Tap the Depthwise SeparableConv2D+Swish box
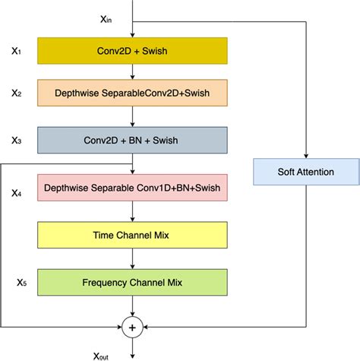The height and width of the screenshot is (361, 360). (x=133, y=94)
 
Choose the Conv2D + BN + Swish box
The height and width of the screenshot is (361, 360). (x=133, y=140)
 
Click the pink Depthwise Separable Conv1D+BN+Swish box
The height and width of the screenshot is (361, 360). (x=133, y=187)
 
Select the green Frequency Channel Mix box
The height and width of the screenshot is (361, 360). (x=133, y=283)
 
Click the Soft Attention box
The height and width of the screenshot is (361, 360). (x=305, y=172)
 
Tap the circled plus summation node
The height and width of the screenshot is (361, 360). (x=133, y=328)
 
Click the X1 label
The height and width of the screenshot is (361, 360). (x=17, y=51)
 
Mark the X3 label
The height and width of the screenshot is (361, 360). (x=17, y=140)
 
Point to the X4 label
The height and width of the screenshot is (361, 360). (x=17, y=194)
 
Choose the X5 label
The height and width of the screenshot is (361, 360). (x=21, y=283)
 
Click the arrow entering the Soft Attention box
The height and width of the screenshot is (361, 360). (x=305, y=152)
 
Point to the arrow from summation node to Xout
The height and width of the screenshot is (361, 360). (x=133, y=344)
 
